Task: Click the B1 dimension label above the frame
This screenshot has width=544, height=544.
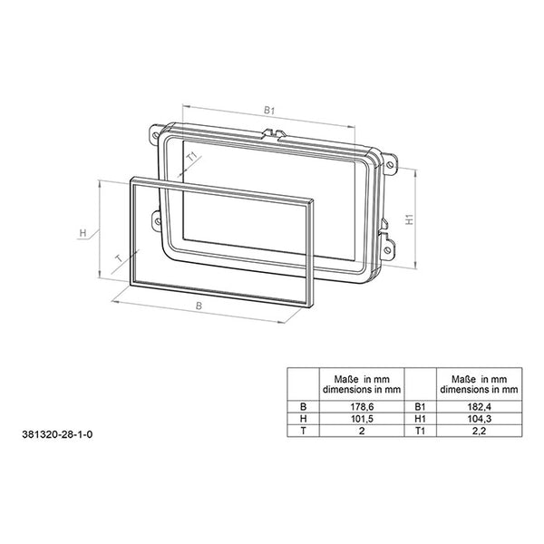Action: point(269,110)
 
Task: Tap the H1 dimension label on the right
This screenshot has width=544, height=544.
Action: point(409,220)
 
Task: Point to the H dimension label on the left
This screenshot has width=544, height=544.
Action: point(83,233)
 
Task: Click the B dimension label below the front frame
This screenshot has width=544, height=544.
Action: point(199,307)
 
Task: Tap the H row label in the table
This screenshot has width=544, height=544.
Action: point(303,421)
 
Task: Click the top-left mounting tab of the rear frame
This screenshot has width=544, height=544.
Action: point(155,137)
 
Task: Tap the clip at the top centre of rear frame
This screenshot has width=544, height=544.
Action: point(273,133)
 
